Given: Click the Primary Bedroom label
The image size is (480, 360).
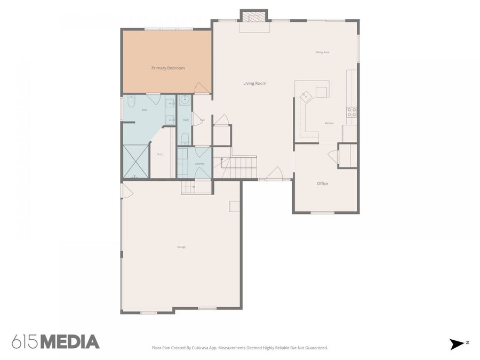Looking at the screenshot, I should tap(168, 68).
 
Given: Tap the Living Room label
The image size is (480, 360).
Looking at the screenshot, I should tap(254, 83).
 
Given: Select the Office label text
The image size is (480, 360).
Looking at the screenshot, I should tap(322, 184).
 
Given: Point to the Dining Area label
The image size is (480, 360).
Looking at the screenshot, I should tap(322, 52).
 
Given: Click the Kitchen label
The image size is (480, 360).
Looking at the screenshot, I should tap(329, 123).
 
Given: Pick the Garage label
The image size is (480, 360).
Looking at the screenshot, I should tap(181, 247).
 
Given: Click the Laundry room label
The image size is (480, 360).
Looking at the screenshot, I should tap(199, 164).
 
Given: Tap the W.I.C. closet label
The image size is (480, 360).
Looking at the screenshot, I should tap(160, 155).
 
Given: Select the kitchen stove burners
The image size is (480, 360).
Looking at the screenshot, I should tap(351, 112).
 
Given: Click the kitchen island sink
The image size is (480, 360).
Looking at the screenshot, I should tap(306, 97).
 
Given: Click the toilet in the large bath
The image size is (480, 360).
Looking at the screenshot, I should tap(132, 101).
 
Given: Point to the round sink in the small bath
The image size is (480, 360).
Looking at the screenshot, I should tap(185, 100).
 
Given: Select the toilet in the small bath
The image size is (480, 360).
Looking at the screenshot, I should tap(185, 139).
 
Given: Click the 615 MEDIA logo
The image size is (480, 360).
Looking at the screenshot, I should tap(55, 341).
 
